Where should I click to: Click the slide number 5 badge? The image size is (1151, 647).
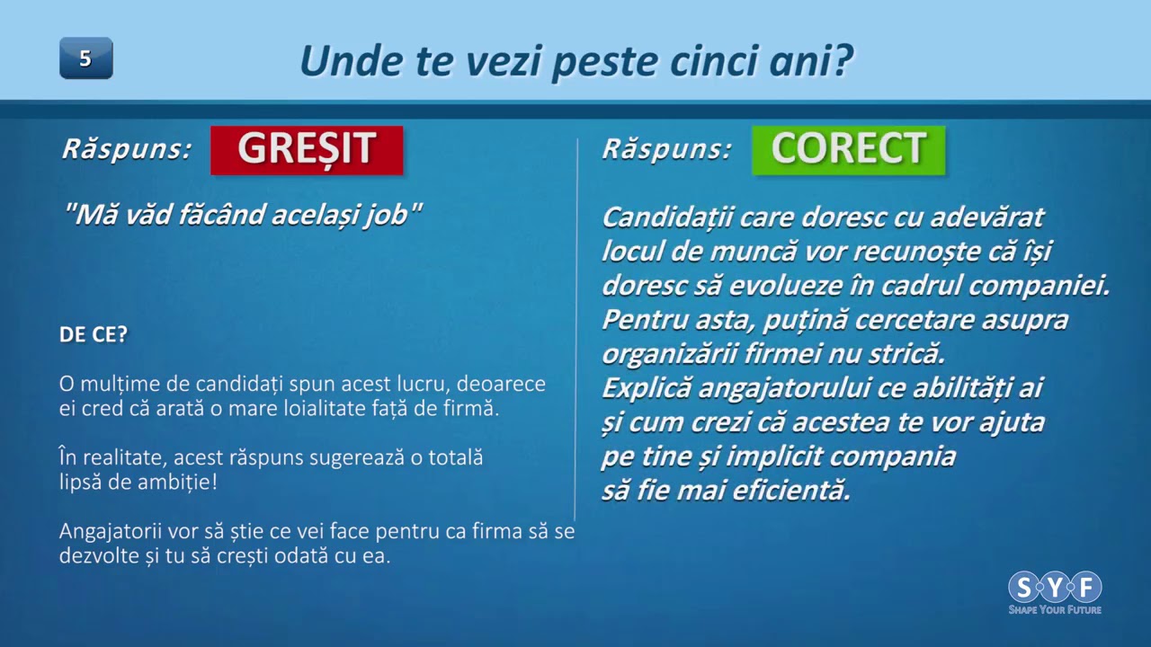[x=86, y=58]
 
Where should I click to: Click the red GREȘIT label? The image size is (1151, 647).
[x=307, y=150]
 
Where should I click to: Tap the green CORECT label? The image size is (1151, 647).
[x=848, y=150]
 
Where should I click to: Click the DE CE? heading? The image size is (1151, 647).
[x=93, y=334]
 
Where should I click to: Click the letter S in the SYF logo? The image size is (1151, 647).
[x=1023, y=587]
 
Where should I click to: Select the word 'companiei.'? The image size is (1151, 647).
[x=1039, y=287]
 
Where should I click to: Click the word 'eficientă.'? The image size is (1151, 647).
[x=791, y=491]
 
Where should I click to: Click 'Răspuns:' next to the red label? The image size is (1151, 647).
[x=127, y=149]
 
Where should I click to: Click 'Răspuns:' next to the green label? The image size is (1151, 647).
[x=666, y=149]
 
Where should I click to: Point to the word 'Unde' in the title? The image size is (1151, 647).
[x=352, y=60]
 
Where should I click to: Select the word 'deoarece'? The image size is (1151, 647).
[x=501, y=384]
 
